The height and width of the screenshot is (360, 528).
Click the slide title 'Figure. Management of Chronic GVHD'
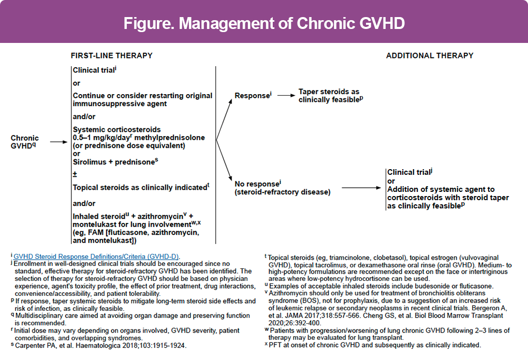pyautogui.click(x=264, y=23)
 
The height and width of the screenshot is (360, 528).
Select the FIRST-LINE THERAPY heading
pyautogui.click(x=111, y=55)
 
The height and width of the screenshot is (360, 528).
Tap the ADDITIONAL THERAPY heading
pyautogui.click(x=430, y=55)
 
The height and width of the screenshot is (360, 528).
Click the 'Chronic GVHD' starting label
pyautogui.click(x=25, y=142)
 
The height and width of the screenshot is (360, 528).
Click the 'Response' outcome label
pyautogui.click(x=252, y=96)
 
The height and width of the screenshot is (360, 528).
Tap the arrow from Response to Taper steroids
pyautogui.click(x=286, y=95)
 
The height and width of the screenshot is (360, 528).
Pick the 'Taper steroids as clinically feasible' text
pyautogui.click(x=330, y=96)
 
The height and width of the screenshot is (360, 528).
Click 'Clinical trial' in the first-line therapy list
pyautogui.click(x=93, y=70)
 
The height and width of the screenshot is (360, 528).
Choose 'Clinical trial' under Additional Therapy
pyautogui.click(x=409, y=173)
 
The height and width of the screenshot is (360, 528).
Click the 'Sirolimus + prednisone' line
pyautogui.click(x=114, y=162)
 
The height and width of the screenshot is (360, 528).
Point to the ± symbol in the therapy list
pyautogui.click(x=75, y=175)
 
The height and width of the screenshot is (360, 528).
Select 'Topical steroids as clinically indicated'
pyautogui.click(x=140, y=188)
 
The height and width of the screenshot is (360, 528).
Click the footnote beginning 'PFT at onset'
pyautogui.click(x=375, y=344)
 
